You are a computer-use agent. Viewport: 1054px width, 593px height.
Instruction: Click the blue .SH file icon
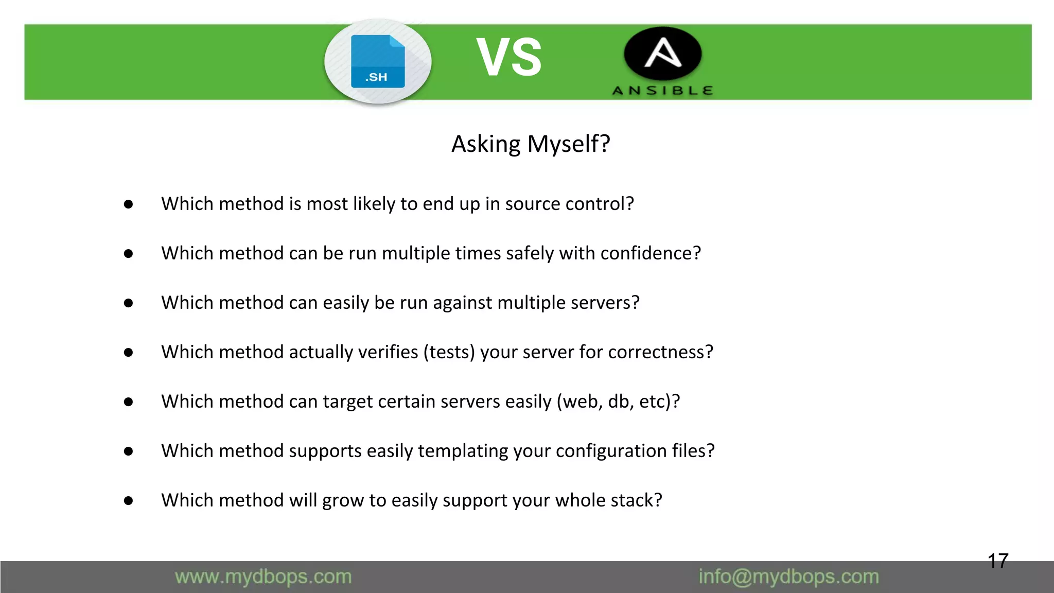(x=378, y=61)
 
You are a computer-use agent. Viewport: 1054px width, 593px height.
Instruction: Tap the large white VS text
(x=508, y=58)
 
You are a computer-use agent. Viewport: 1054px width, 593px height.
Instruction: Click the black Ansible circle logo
(x=662, y=54)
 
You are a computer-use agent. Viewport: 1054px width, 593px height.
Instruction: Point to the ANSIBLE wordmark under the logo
(x=662, y=91)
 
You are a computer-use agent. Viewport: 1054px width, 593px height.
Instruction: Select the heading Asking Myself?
(x=531, y=144)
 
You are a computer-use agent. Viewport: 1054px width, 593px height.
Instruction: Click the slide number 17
(x=997, y=561)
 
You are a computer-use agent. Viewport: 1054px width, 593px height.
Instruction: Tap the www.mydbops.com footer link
(x=263, y=577)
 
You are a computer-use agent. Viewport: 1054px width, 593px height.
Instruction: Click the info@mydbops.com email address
(x=788, y=577)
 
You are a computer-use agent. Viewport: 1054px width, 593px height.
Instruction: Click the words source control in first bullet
(x=569, y=204)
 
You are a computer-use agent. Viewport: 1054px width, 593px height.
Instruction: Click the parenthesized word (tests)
(x=449, y=352)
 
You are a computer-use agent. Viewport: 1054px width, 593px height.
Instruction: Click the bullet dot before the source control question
(x=129, y=204)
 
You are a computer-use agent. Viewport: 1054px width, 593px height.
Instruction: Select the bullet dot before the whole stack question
(x=129, y=501)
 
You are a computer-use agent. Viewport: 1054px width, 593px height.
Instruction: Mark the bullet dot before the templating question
(x=129, y=451)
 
